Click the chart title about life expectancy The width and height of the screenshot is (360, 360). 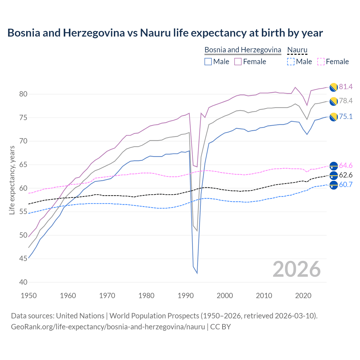[x=165, y=33]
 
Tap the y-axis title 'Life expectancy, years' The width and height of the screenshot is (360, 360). [x=12, y=180]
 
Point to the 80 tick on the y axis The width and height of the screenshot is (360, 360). [x=23, y=94]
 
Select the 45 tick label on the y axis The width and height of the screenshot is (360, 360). [x=23, y=259]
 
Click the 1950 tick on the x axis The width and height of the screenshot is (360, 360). [x=29, y=296]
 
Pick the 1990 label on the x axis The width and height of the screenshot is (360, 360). [x=186, y=296]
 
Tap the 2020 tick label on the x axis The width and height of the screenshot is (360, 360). [x=303, y=296]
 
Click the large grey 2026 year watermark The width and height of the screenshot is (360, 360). [x=297, y=269]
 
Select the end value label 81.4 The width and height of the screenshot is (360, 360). [x=346, y=87]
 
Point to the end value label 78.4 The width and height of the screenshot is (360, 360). [x=346, y=101]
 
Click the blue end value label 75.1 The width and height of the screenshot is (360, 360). [x=346, y=117]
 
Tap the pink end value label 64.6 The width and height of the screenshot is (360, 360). [x=346, y=166]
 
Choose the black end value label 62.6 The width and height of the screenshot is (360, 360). [x=346, y=175]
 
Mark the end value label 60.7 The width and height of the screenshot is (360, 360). [x=346, y=185]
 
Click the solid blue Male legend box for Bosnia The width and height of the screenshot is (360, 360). [x=208, y=62]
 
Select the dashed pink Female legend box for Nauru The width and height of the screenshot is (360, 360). [x=321, y=62]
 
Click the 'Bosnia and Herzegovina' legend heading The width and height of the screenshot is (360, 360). [x=243, y=50]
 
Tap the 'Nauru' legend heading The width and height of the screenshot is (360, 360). [x=297, y=50]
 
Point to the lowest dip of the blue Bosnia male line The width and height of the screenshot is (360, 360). [x=197, y=273]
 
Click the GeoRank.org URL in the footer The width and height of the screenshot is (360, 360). [x=108, y=327]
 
